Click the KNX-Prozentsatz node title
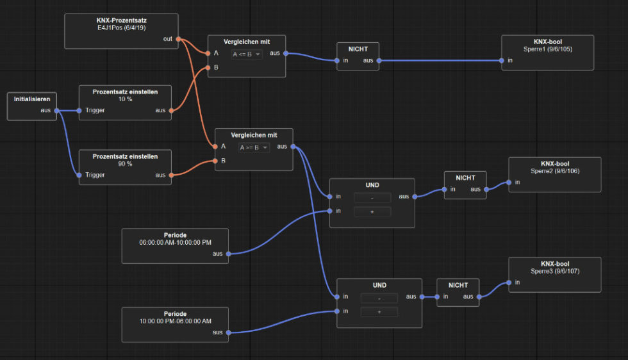pyautogui.click(x=122, y=20)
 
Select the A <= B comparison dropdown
pyautogui.click(x=247, y=54)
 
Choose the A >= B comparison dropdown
pyautogui.click(x=254, y=147)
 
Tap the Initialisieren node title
pyautogui.click(x=32, y=99)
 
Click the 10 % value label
pyautogui.click(x=125, y=100)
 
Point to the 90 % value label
pyautogui.click(x=125, y=164)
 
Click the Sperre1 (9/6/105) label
pyautogui.click(x=548, y=48)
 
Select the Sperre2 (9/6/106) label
pyautogui.click(x=555, y=171)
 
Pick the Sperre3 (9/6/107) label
pyautogui.click(x=555, y=271)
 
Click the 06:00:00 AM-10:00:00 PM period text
pyautogui.click(x=175, y=243)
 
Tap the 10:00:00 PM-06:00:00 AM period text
pyautogui.click(x=175, y=322)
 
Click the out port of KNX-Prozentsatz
pyautogui.click(x=178, y=39)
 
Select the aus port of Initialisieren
pyautogui.click(x=56, y=111)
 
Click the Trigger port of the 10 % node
pyautogui.click(x=79, y=111)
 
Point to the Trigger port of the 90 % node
pyautogui.click(x=79, y=175)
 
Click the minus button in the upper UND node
pyautogui.click(x=372, y=198)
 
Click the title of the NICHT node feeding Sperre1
pyautogui.click(x=358, y=49)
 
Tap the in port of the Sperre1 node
pyautogui.click(x=502, y=61)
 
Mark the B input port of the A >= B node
pyautogui.click(x=215, y=161)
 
